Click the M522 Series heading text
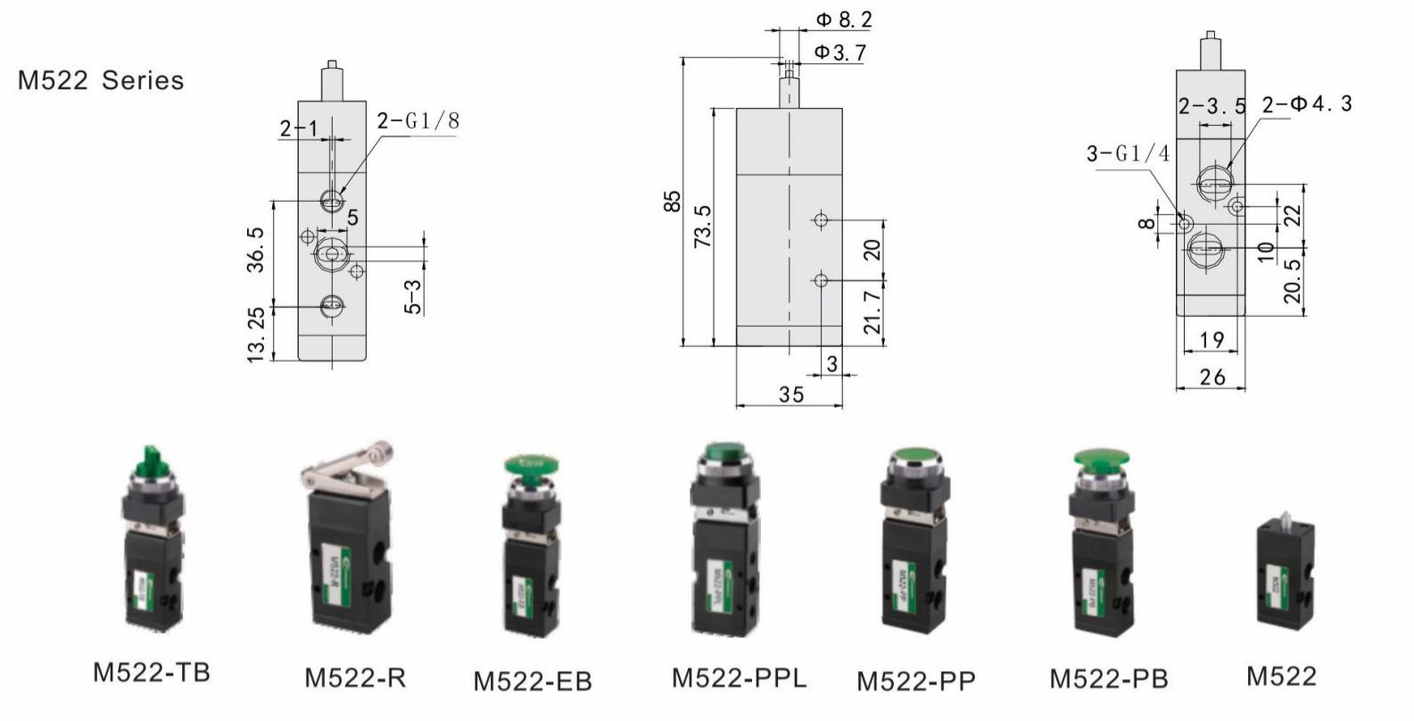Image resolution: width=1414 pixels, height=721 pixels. tap(101, 80)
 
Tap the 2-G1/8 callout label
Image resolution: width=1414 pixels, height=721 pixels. tap(418, 120)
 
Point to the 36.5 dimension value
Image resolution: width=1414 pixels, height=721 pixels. tap(255, 249)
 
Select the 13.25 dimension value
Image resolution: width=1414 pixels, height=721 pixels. tap(255, 335)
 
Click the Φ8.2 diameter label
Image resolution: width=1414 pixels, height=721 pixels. tap(843, 19)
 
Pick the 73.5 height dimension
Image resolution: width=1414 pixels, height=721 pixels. tap(702, 227)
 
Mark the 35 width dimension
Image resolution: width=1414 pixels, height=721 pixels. tap(790, 394)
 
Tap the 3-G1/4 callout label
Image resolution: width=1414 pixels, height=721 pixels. tap(1127, 153)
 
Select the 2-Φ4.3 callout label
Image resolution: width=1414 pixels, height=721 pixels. tap(1307, 104)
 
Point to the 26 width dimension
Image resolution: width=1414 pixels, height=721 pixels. tap(1211, 377)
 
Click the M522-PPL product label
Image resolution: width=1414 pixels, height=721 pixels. tap(739, 677)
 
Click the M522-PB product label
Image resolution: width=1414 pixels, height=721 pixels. tap(1108, 678)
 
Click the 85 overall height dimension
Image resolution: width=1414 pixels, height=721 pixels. tap(673, 201)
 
